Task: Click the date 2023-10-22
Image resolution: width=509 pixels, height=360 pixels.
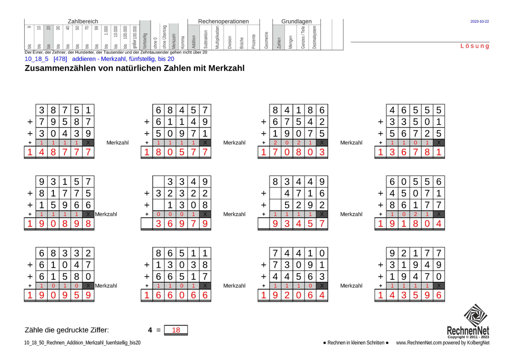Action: click(479, 22)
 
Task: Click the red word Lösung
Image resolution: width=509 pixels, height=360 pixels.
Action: click(475, 47)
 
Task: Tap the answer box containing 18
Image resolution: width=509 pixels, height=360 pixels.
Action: click(176, 330)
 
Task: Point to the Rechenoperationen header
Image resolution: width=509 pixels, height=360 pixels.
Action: click(223, 21)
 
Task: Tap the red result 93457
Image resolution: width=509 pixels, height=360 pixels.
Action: click(299, 225)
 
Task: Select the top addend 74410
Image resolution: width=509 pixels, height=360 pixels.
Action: click(299, 253)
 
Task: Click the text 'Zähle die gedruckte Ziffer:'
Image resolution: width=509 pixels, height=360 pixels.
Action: click(67, 330)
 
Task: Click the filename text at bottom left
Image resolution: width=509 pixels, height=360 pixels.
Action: click(82, 343)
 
